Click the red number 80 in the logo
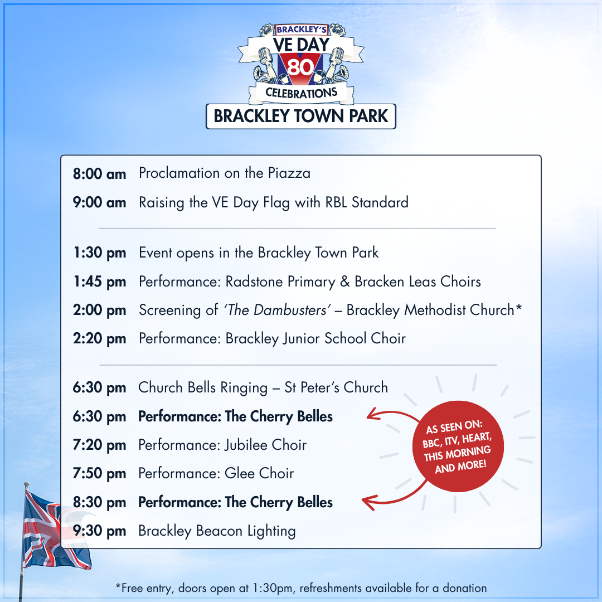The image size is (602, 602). [301, 67]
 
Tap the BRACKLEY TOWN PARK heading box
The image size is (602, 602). [301, 116]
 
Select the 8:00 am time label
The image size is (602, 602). [99, 174]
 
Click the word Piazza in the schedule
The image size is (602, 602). [289, 173]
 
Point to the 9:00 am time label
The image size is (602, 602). [99, 202]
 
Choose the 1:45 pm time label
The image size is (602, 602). [100, 282]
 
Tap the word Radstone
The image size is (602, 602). [254, 281]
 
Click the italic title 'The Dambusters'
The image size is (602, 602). [277, 310]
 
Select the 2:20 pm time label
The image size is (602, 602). [99, 339]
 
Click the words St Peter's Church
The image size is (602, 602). [336, 387]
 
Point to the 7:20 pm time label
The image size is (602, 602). [99, 445]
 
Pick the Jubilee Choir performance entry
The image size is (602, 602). [222, 445]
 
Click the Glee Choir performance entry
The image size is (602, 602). [216, 473]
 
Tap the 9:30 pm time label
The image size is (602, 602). [99, 531]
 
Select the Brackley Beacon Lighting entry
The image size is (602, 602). [217, 531]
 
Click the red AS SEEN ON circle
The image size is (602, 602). [458, 446]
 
